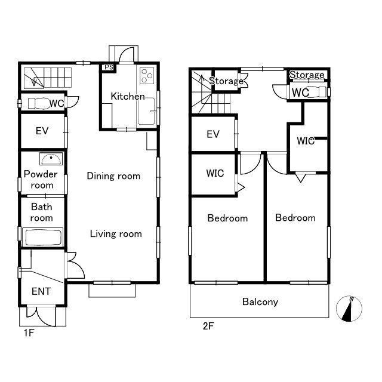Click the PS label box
109,67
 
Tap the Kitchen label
128,96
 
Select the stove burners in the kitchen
147,76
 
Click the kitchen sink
146,112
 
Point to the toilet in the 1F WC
38,103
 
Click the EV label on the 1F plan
42,131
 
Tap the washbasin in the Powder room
51,159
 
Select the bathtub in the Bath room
43,237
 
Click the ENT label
41,291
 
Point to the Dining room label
113,176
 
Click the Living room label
116,234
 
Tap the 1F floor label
29,332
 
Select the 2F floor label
208,326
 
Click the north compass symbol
349,309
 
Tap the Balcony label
260,302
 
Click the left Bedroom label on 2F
227,218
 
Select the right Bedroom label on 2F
295,217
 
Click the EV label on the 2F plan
213,134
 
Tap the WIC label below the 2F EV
215,174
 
